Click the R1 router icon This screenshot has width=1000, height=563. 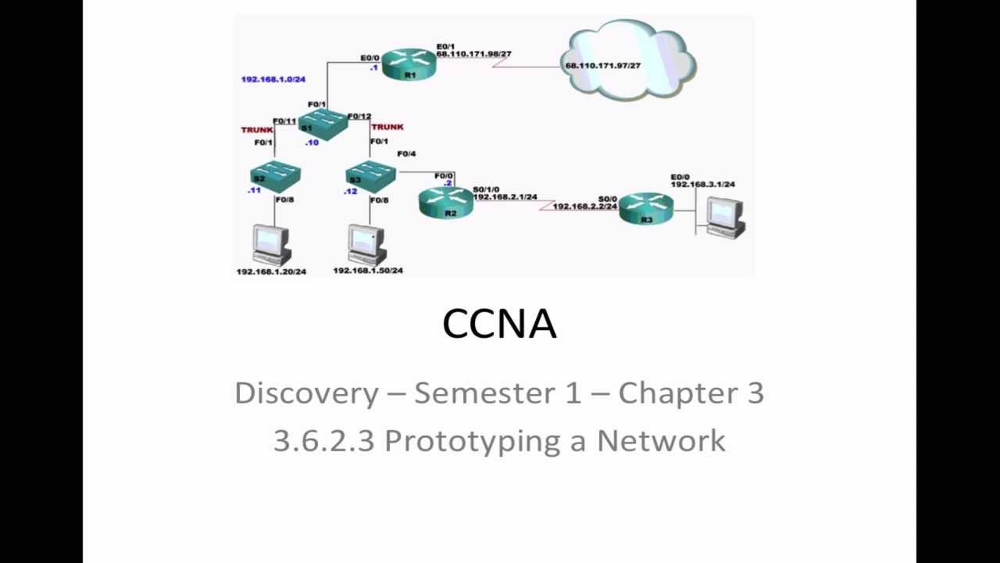[409, 63]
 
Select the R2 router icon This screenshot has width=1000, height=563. [446, 203]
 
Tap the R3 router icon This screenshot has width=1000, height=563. [646, 209]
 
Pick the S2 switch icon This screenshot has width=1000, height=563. [274, 176]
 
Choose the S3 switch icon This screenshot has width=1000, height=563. [370, 177]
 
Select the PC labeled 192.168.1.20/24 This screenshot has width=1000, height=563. [271, 245]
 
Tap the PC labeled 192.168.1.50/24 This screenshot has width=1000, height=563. [367, 244]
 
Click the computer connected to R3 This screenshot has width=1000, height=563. [725, 217]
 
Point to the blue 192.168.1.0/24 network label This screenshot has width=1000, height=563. [273, 79]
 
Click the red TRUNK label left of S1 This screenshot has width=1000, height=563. [257, 130]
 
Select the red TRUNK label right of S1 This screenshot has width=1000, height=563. [387, 127]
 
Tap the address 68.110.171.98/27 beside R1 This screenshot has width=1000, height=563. [473, 54]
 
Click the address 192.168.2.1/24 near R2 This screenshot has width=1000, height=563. [505, 197]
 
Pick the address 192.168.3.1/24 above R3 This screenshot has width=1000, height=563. [702, 185]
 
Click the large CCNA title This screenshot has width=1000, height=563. [499, 324]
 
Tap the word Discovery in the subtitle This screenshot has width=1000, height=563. [306, 393]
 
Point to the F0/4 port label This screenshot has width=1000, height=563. [406, 154]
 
